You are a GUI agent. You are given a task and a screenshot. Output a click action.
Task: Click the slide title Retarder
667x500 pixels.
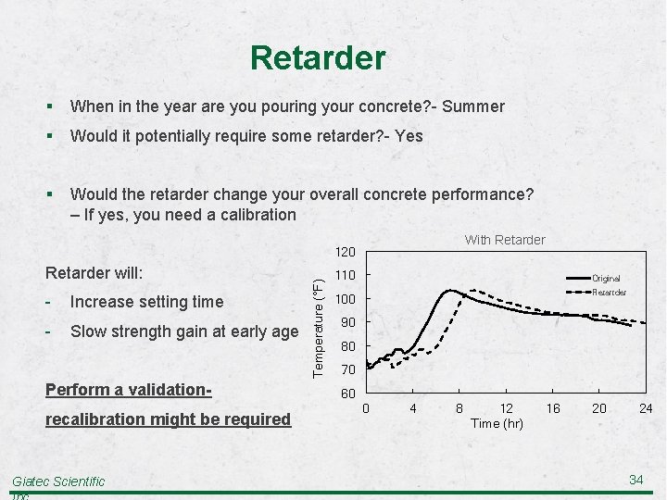pos(317,58)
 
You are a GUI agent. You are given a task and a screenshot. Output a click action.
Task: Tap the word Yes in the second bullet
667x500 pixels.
pos(408,136)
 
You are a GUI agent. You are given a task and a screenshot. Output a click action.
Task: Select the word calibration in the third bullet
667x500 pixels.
pos(252,215)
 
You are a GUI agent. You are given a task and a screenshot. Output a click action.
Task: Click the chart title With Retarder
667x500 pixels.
pos(505,240)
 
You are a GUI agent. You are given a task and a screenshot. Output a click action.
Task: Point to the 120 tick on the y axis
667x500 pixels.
pos(345,251)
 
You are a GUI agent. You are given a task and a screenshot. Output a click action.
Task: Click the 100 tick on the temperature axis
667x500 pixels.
pos(345,299)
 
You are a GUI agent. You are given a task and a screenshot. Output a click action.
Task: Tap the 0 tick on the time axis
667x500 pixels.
pos(366,408)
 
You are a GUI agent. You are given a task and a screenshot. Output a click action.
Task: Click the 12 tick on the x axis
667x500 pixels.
pos(506,408)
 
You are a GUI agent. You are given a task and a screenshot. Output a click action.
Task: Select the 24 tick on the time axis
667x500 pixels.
pos(646,408)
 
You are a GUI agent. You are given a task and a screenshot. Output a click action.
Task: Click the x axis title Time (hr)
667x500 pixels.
pos(497,423)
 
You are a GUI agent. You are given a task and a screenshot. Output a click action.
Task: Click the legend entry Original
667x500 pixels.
pos(606,278)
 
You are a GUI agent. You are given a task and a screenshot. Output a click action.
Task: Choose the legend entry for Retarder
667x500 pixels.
pos(609,293)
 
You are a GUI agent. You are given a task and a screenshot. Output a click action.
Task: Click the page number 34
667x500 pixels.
pos(636,479)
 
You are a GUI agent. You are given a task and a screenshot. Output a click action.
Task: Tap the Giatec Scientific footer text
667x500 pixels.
pos(58,481)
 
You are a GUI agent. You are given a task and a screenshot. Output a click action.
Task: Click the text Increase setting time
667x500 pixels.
pos(146,302)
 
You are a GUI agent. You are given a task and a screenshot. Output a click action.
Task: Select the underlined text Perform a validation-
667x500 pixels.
pos(130,391)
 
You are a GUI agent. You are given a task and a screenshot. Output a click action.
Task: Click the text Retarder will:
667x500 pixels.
pos(94,274)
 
